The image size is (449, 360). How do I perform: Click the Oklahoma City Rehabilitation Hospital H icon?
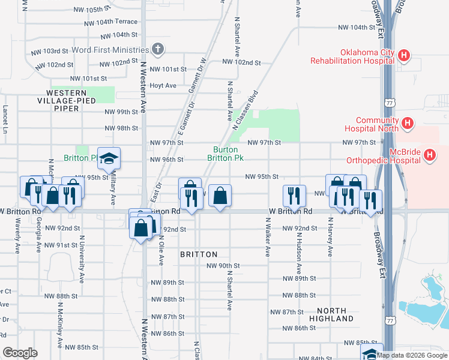pyautogui.click(x=404, y=56)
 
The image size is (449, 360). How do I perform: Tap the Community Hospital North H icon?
pyautogui.click(x=408, y=124)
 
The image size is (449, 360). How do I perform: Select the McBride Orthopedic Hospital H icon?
pyautogui.click(x=430, y=156)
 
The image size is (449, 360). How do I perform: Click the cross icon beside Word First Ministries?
pyautogui.click(x=158, y=50)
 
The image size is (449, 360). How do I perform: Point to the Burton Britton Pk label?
pyautogui.click(x=225, y=154)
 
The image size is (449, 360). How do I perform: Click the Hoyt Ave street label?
pyautogui.click(x=163, y=86)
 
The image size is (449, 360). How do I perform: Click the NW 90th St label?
pyautogui.click(x=223, y=266)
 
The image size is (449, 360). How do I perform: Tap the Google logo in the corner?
pyautogui.click(x=20, y=353)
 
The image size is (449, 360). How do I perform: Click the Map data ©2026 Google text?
pyautogui.click(x=412, y=355)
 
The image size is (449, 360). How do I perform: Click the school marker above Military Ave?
pyautogui.click(x=109, y=158)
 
